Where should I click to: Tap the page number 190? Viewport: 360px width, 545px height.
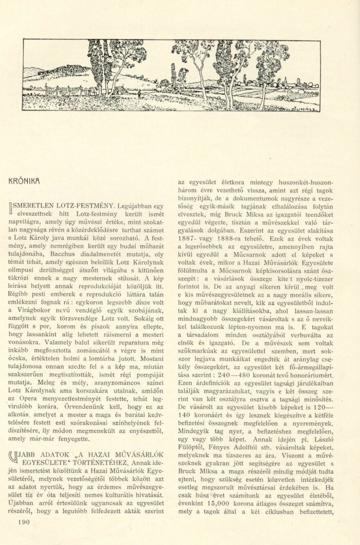click(x=26, y=522)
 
